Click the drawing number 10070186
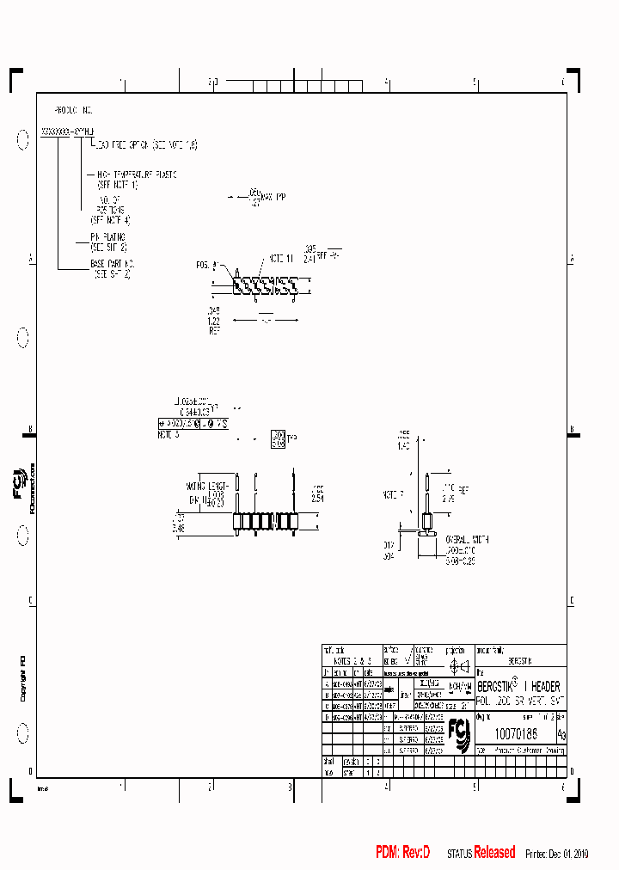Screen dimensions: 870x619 tap(516, 734)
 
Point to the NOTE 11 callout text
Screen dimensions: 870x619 tap(281, 258)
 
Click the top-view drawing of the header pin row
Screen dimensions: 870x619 tap(266, 285)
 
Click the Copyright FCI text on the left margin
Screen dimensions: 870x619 tap(22, 678)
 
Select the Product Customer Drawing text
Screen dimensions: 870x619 tap(529, 750)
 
